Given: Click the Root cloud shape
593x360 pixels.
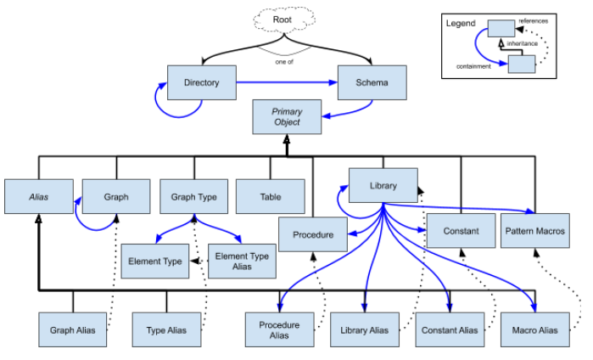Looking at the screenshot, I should click(x=283, y=20).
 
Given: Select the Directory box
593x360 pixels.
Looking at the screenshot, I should click(x=201, y=83).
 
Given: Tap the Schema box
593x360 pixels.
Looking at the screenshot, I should click(x=372, y=83).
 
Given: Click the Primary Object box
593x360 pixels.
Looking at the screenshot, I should click(x=287, y=117).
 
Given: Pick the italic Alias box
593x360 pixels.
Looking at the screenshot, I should click(x=37, y=196).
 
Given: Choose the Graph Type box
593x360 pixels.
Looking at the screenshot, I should click(x=194, y=196).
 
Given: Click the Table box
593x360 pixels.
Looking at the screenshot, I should click(x=270, y=196).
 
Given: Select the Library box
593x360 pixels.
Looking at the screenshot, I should click(x=383, y=185).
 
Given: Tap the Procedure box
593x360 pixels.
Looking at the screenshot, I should click(x=312, y=233).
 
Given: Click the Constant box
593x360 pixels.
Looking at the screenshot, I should click(x=460, y=231).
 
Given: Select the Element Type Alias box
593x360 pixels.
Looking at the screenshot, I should click(x=242, y=261).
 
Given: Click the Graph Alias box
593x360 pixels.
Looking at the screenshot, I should click(x=73, y=329).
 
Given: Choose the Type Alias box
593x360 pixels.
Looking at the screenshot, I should click(x=166, y=329).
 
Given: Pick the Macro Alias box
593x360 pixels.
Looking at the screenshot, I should click(x=535, y=329).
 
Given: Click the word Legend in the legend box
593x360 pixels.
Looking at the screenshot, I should click(x=461, y=23).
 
